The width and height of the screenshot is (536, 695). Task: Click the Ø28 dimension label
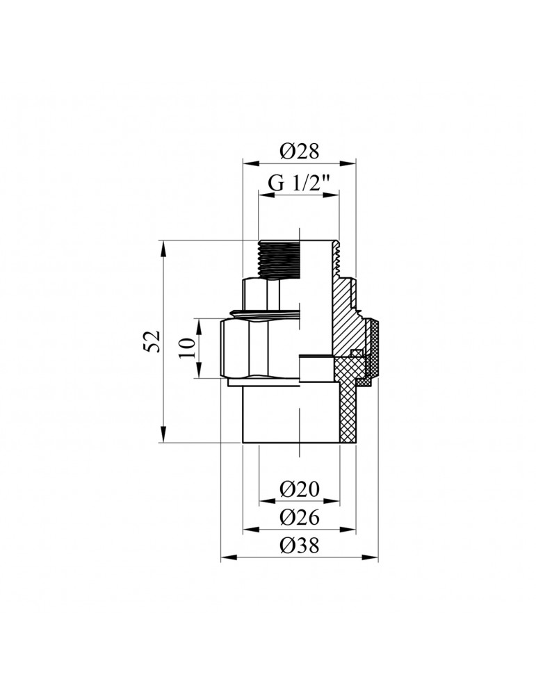point(299,151)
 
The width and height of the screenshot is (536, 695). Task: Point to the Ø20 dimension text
point(299,490)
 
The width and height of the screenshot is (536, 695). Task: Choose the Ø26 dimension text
point(299,518)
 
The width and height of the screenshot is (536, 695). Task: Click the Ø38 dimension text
point(299,546)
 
